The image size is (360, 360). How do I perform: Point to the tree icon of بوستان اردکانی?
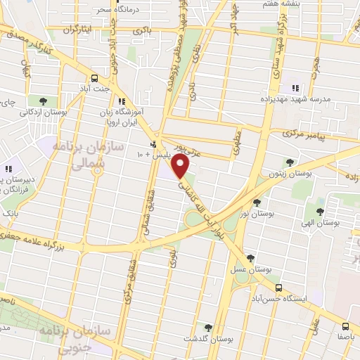coord(44,100)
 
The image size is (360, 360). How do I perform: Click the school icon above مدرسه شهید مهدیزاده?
coord(295,88)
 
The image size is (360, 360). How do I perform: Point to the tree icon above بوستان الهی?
coord(321,211)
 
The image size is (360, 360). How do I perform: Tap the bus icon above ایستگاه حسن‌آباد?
coord(279,288)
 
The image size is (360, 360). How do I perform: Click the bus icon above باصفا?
coord(345,326)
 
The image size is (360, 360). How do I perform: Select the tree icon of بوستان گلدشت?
coord(207,327)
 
